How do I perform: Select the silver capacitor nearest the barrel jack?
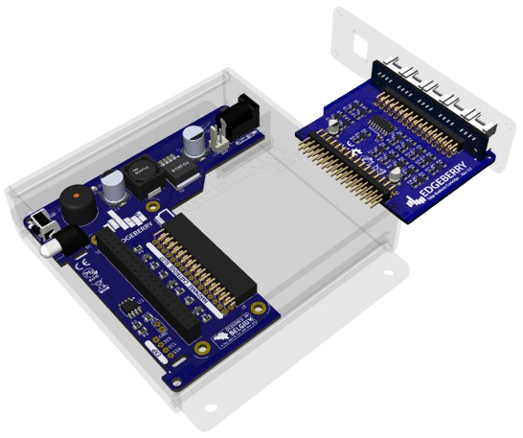tap(197, 144)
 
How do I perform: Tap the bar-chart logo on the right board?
tap(416, 199)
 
